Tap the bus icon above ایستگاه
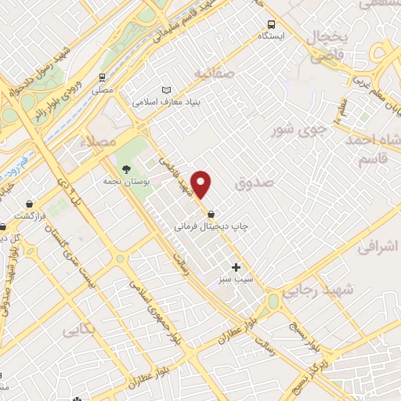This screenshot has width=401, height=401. coord(271,23)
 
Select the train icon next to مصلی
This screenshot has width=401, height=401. coord(102,78)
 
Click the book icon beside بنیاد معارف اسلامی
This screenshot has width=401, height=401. coord(165,90)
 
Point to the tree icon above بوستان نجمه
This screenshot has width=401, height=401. coord(125,169)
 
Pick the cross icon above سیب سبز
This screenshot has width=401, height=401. coord(236,267)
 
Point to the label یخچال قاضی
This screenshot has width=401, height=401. coord(327,46)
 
